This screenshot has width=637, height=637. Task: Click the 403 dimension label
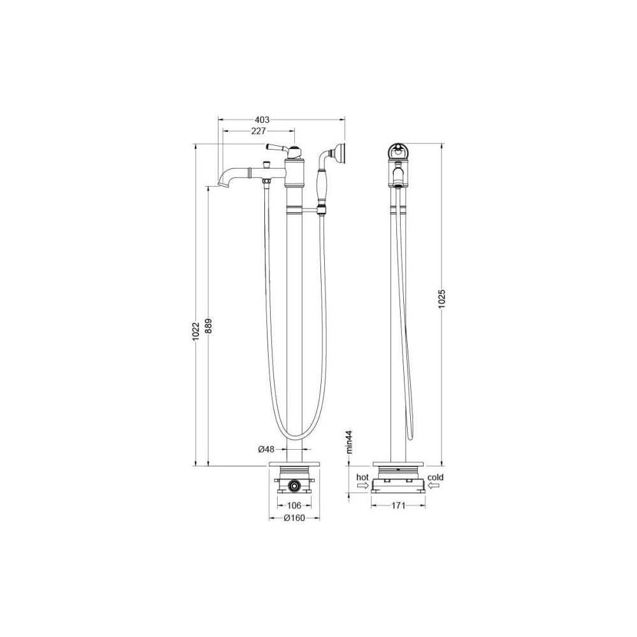(262, 120)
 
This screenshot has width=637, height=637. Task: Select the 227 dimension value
(259, 131)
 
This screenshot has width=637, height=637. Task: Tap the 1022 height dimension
(196, 331)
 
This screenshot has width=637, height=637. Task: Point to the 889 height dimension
(208, 326)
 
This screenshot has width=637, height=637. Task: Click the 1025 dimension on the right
(443, 299)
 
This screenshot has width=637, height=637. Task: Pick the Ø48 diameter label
(266, 449)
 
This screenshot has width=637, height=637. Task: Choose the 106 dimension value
(294, 505)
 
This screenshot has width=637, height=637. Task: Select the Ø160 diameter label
(294, 518)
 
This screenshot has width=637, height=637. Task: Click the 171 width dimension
(399, 505)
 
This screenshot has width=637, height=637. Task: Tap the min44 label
(348, 442)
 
